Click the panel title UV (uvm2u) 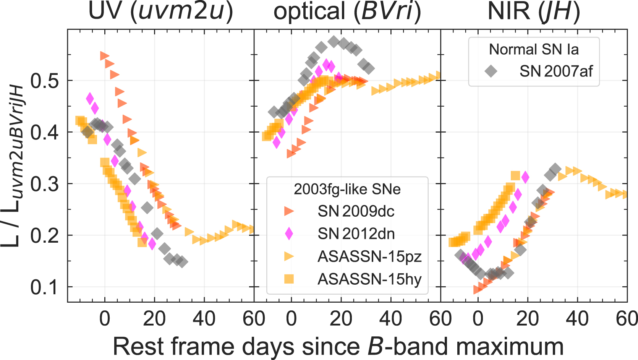(160, 11)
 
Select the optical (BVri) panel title (347, 11)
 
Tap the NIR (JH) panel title (534, 11)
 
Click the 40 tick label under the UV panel (204, 319)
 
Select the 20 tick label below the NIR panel (528, 319)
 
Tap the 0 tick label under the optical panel (291, 319)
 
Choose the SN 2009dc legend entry (356, 211)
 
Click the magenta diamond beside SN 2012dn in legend (289, 234)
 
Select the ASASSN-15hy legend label (369, 279)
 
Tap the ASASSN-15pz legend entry (369, 256)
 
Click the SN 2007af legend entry (556, 71)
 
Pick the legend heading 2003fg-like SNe (347, 189)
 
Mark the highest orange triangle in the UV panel (104, 56)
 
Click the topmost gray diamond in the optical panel (334, 42)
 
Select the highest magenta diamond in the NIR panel (525, 177)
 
